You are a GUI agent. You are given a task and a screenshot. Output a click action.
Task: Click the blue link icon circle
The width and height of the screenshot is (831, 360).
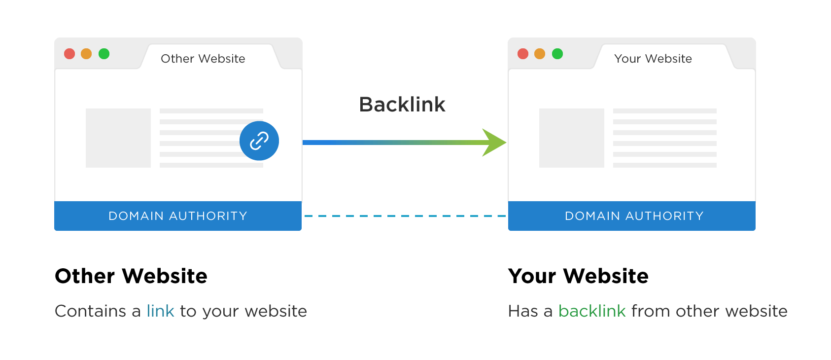point(259,141)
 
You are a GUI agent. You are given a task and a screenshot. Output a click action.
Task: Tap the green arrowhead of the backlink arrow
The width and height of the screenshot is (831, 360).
point(494,143)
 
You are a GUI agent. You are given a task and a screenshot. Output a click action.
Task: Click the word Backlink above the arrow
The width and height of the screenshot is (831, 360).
point(402,105)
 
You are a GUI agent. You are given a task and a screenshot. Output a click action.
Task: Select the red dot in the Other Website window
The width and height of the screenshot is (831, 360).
point(69,54)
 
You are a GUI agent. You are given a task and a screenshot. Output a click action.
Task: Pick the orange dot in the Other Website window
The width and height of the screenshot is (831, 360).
point(86,54)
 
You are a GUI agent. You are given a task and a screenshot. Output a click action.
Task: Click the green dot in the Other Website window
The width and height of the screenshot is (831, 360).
point(104,54)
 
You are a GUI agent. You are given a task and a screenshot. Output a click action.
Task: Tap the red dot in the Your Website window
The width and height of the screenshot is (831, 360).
point(523,54)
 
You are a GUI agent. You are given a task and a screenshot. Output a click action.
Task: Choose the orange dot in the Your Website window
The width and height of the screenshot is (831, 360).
point(540,54)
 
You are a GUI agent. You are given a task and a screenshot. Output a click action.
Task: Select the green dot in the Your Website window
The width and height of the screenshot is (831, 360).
point(557,54)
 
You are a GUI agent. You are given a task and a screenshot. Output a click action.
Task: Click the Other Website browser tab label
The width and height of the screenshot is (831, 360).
point(203,59)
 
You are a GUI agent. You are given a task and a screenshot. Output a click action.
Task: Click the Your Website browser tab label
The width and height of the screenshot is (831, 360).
point(653,59)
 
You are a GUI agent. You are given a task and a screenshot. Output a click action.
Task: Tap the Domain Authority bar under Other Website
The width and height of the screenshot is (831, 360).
point(178,216)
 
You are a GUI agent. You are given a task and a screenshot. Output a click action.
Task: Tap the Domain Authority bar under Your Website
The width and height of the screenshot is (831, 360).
point(632,216)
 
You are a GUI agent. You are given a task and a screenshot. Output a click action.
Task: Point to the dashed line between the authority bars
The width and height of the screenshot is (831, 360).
point(405,216)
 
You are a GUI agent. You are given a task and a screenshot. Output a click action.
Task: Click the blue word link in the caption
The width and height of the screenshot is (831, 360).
point(160,311)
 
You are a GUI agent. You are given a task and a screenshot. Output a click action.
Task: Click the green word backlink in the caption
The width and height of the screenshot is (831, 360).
point(592,311)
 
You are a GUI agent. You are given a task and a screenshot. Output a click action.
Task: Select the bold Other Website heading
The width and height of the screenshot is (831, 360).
point(131,276)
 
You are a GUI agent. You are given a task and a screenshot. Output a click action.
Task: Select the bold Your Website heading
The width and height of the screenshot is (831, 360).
point(578,276)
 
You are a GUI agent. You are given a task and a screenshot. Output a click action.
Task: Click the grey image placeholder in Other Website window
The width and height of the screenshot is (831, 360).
point(118,138)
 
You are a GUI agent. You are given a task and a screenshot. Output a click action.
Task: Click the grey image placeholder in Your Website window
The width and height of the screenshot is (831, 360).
point(572,138)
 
